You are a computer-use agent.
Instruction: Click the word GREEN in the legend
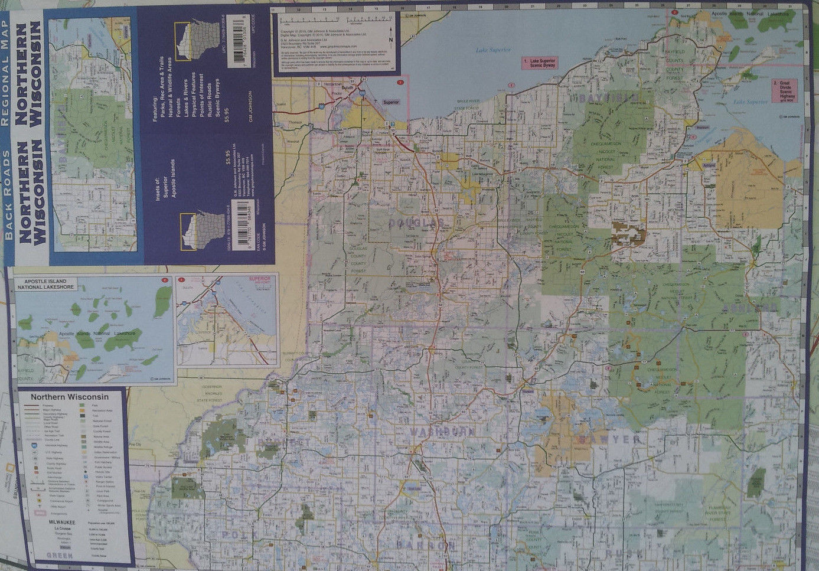coord(60,556)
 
